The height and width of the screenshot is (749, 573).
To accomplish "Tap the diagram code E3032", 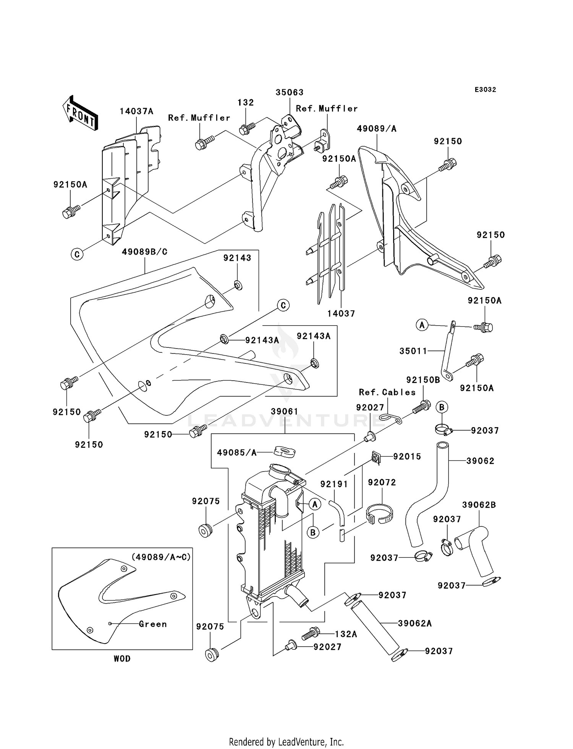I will (x=485, y=90).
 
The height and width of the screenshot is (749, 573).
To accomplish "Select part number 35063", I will (x=290, y=92).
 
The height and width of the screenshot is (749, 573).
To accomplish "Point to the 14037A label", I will (x=136, y=111).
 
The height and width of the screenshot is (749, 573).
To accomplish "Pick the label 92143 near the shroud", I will (x=237, y=258).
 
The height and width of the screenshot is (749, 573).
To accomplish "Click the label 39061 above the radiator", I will (x=284, y=412).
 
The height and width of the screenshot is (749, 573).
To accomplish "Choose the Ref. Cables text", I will (x=387, y=392).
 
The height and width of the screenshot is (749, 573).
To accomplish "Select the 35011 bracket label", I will (x=413, y=351).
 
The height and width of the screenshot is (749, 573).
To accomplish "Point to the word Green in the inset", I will (x=153, y=624).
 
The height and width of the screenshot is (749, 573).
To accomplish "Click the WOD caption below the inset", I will (x=122, y=659).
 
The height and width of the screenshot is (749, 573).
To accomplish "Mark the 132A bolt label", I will (x=346, y=634).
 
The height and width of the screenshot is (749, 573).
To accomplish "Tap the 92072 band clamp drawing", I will (x=380, y=513).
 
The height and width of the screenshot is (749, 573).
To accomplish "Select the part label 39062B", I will (x=479, y=505).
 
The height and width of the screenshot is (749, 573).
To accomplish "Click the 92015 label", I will (x=407, y=457).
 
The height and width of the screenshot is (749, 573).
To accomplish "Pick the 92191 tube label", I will (x=334, y=484).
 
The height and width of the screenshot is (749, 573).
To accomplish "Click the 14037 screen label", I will (x=341, y=313).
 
